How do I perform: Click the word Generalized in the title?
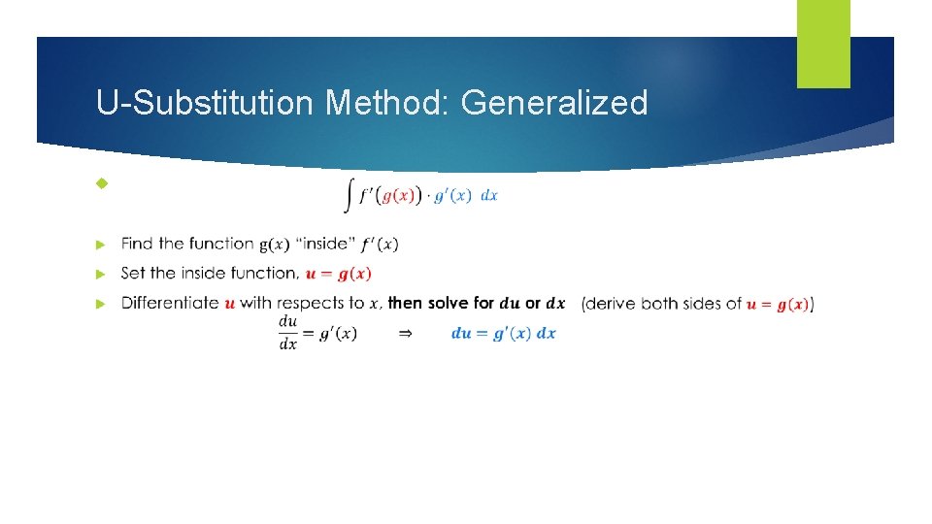point(553,102)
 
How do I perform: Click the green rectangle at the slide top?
point(823,44)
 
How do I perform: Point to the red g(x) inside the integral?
point(401,195)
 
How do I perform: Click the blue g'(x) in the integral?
point(452,195)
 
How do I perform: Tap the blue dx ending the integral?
point(489,195)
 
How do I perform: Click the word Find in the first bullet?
point(137,244)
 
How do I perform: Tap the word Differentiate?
point(170,303)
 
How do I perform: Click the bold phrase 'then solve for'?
point(442,303)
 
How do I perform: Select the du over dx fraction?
point(288,333)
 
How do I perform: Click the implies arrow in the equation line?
point(406,333)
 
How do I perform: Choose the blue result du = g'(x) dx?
point(503,333)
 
